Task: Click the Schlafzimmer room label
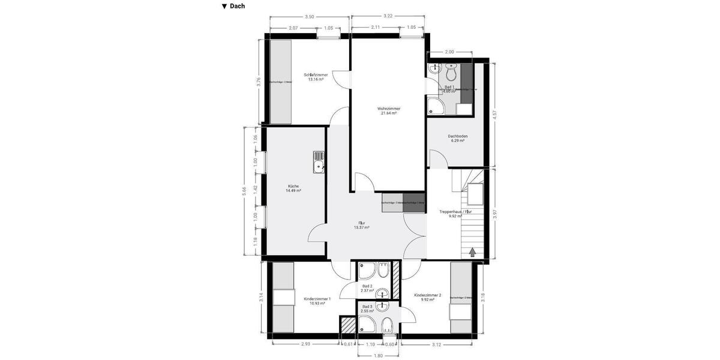coord(316,77)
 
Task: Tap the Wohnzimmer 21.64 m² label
coord(389,111)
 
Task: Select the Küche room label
coord(293,188)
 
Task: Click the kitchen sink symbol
coord(318,162)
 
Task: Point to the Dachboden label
coord(458,138)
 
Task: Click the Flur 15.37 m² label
coord(361,225)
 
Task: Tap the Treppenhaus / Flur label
coord(455,214)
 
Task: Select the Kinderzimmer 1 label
coord(317,301)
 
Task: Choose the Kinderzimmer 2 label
coord(427,297)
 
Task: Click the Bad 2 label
coord(367,288)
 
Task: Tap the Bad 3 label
coord(367,308)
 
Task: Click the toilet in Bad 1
coord(451,73)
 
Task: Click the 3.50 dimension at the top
coord(310,17)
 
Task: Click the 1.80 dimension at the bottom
coord(378,356)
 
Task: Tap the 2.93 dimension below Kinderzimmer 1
coord(305,344)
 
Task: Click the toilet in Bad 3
coord(388,326)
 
